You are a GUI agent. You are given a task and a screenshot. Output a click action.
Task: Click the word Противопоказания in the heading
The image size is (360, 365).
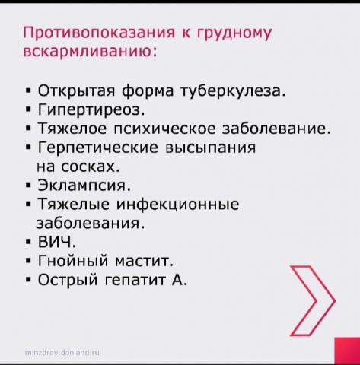click(x=99, y=32)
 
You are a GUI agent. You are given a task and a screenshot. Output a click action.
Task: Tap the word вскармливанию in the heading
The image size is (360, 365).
click(x=90, y=51)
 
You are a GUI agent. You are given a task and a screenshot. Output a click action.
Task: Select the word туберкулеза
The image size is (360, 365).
click(x=233, y=90)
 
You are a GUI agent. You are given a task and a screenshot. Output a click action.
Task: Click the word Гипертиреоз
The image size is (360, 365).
click(x=91, y=110)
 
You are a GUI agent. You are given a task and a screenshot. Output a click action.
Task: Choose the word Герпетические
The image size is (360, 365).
click(x=98, y=148)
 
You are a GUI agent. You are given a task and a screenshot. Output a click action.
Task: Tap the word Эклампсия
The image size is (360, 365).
click(x=84, y=185)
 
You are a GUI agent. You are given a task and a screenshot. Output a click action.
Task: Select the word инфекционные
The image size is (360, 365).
click(x=177, y=204)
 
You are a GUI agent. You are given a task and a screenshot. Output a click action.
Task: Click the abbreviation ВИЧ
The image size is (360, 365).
click(x=57, y=242)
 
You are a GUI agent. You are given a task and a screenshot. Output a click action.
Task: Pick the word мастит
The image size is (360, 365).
click(x=144, y=261)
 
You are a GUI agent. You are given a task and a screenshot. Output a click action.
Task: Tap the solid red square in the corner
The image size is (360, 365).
click(x=347, y=351)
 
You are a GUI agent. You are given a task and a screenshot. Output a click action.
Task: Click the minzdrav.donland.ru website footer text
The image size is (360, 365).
click(x=62, y=352)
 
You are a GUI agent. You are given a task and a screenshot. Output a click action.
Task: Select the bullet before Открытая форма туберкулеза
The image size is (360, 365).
click(x=28, y=90)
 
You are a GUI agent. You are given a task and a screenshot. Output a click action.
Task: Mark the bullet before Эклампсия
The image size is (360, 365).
click(x=28, y=185)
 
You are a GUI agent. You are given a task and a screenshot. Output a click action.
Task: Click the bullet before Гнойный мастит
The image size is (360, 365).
click(x=28, y=261)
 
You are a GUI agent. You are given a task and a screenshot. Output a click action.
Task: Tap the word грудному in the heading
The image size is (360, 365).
click(x=234, y=33)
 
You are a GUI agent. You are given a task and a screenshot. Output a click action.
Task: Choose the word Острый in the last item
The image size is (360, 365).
click(x=68, y=281)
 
